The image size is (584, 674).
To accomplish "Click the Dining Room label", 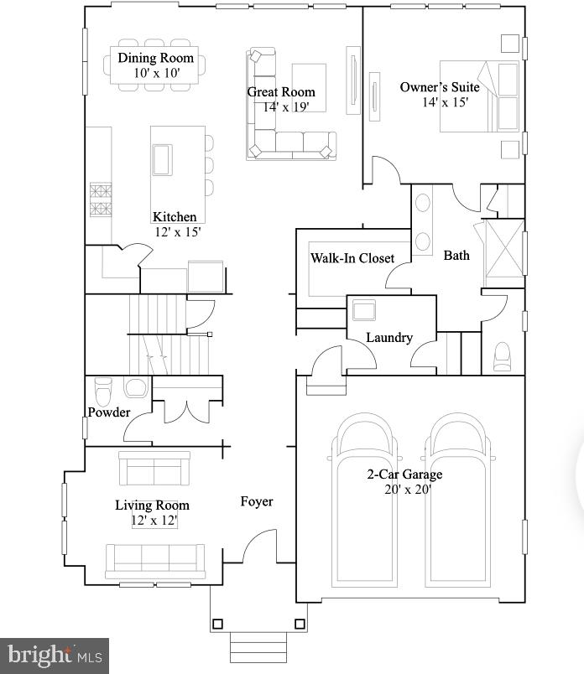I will point(155,58).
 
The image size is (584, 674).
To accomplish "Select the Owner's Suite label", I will point(440,87).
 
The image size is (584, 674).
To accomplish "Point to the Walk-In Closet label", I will point(352,257).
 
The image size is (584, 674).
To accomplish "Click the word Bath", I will point(456,255).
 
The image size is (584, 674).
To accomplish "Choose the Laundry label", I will point(389,337).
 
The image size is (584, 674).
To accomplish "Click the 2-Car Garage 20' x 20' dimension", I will point(404,490).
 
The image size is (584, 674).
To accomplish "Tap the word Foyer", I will point(257,501).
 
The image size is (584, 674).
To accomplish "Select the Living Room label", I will point(152,505).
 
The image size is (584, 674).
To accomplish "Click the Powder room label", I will point(109,412).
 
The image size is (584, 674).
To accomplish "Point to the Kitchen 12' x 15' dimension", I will point(177,232).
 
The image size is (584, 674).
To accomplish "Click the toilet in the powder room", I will point(104,390).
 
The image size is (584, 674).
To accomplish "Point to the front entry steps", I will point(258,648).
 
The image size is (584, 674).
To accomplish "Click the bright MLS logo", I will point(54,655).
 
